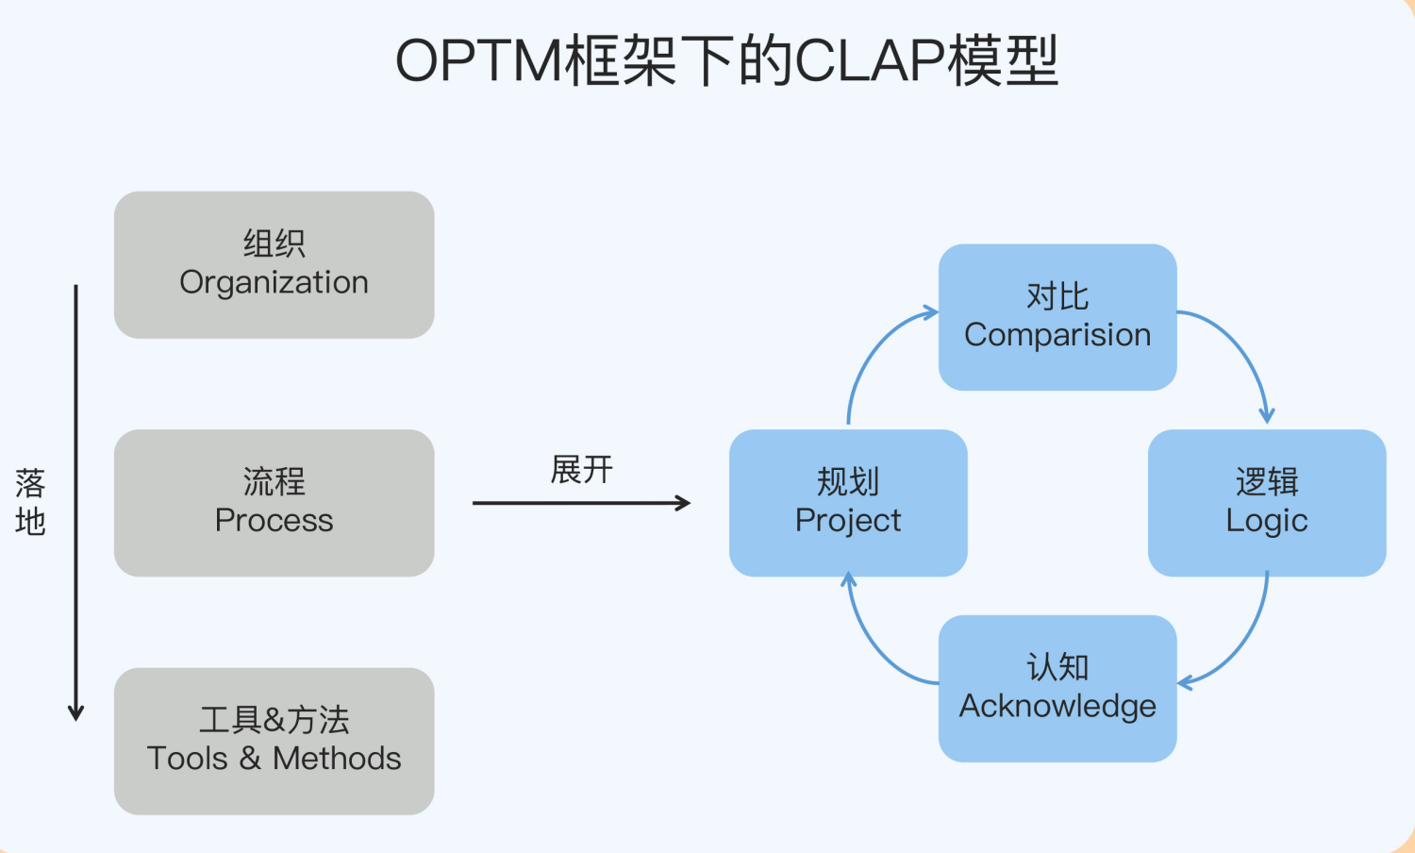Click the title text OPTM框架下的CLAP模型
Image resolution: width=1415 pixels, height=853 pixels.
click(726, 61)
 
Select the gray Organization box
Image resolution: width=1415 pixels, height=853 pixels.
click(274, 265)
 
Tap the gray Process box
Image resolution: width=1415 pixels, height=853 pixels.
click(274, 503)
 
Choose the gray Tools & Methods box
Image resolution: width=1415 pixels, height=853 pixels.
click(274, 741)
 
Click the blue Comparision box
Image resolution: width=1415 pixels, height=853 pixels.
click(1057, 317)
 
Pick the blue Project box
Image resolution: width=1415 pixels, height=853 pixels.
click(848, 503)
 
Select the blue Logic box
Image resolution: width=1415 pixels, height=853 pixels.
click(1267, 503)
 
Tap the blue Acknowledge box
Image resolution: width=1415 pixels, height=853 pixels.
click(1057, 688)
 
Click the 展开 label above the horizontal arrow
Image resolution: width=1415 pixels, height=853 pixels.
click(581, 469)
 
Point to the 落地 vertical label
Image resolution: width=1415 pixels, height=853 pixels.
click(30, 502)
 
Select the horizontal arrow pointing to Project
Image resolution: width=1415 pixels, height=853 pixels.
click(580, 503)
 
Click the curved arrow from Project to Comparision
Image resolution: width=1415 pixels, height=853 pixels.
click(873, 350)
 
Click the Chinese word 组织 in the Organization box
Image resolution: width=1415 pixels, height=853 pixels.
click(274, 243)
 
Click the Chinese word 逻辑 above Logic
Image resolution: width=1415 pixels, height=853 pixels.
click(1267, 482)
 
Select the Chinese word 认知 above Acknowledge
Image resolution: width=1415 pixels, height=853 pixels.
click(1057, 667)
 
